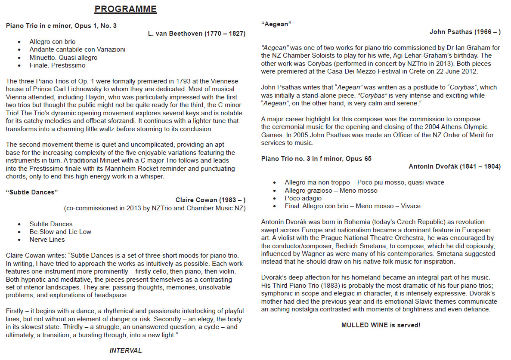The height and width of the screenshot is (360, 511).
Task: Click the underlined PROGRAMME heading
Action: (x=126, y=9)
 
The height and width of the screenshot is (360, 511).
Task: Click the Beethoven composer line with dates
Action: (x=196, y=34)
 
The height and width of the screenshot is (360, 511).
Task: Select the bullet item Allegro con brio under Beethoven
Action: (x=53, y=42)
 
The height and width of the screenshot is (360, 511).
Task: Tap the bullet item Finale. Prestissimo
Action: (x=57, y=65)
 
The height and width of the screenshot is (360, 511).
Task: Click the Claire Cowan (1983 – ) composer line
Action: (x=210, y=200)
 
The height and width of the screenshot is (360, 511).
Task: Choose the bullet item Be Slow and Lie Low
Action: (x=60, y=232)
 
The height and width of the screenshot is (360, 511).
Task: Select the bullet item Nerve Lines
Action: (x=47, y=240)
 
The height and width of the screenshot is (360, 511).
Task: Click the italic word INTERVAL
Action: (x=126, y=351)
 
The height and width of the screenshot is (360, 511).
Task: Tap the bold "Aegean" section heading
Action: (x=276, y=24)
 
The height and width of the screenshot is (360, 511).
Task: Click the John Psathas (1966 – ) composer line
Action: (x=465, y=32)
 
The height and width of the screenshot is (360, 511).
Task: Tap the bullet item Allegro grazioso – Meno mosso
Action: (x=331, y=191)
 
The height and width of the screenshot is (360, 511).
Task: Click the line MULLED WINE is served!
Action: (x=381, y=325)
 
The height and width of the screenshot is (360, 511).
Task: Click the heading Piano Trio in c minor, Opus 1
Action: (x=61, y=26)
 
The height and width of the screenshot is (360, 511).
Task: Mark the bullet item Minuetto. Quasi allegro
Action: (x=63, y=58)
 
